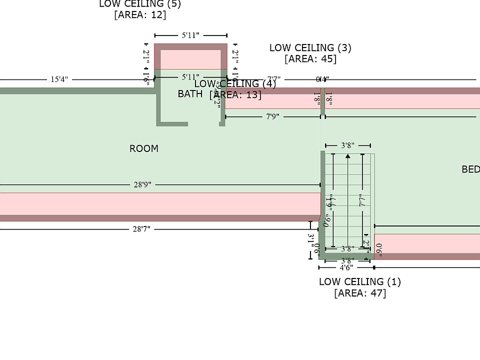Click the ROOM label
click(x=144, y=148)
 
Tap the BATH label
click(x=190, y=93)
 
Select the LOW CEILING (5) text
click(x=140, y=4)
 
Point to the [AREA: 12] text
click(x=140, y=14)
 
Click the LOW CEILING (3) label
click(x=310, y=48)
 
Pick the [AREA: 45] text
click(x=310, y=58)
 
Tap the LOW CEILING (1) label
click(x=360, y=281)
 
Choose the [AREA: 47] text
click(x=360, y=292)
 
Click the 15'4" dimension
click(x=59, y=79)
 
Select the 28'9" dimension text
click(x=142, y=184)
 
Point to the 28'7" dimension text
click(x=141, y=229)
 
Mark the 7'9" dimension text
click(x=272, y=116)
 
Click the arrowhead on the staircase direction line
click(x=347, y=156)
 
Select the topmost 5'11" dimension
click(x=190, y=35)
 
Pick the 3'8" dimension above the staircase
click(x=347, y=145)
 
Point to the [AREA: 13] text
click(x=235, y=94)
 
